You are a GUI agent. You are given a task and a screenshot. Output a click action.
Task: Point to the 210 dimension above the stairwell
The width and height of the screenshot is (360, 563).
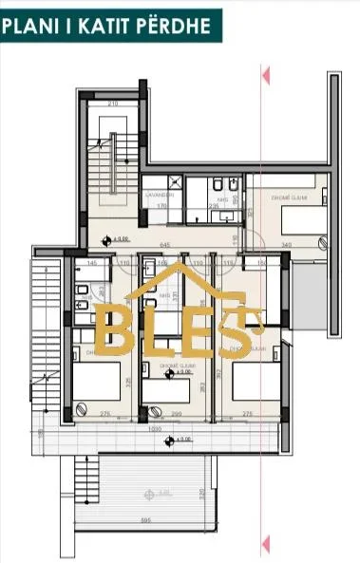point(112,103)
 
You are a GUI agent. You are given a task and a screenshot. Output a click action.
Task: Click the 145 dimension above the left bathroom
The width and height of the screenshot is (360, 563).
point(92,263)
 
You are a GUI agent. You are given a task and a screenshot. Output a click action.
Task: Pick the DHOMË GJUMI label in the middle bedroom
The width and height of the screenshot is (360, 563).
point(171,366)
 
